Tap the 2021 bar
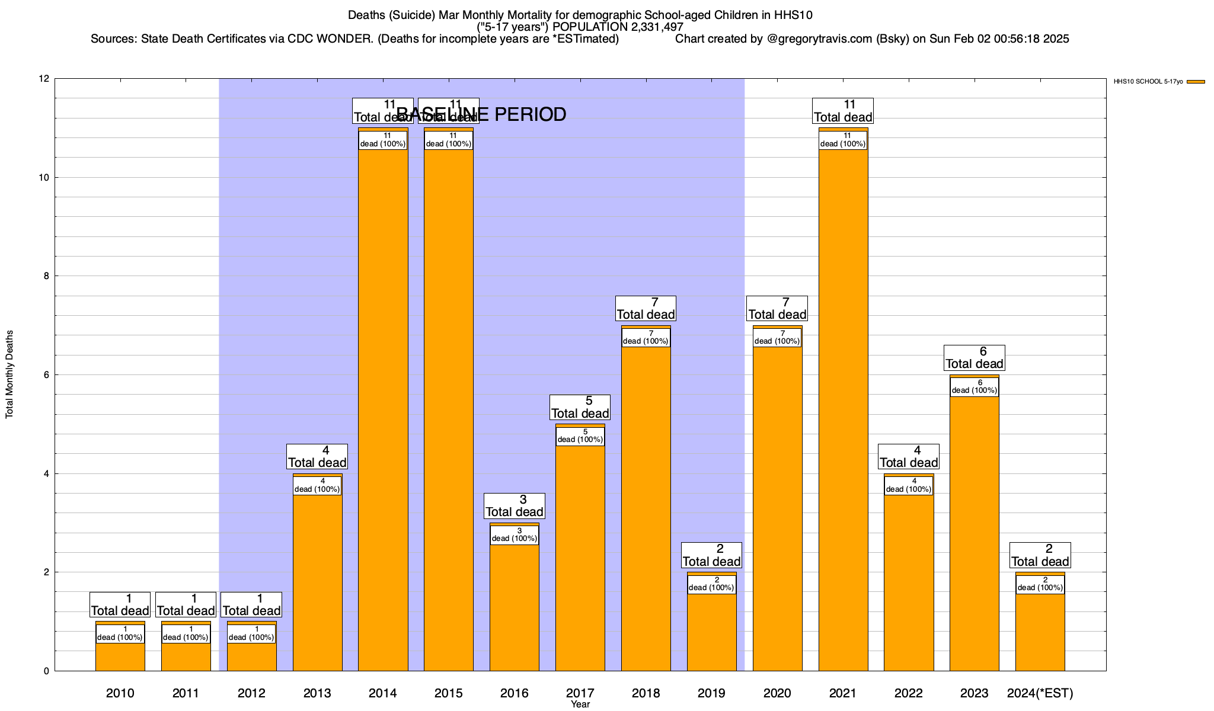(x=843, y=415)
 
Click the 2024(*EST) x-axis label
(x=1040, y=693)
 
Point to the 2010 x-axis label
(x=120, y=693)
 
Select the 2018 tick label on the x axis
(x=646, y=693)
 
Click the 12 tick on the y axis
(x=44, y=79)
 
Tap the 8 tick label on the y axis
(x=46, y=276)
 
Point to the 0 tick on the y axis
(x=46, y=671)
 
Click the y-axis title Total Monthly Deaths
(x=9, y=374)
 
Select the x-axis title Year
(x=580, y=704)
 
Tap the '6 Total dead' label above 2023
(x=974, y=358)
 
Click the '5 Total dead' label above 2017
(x=580, y=408)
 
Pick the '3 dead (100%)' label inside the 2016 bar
(x=514, y=535)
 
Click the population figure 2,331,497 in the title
(x=649, y=27)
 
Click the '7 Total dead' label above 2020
(x=777, y=309)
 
